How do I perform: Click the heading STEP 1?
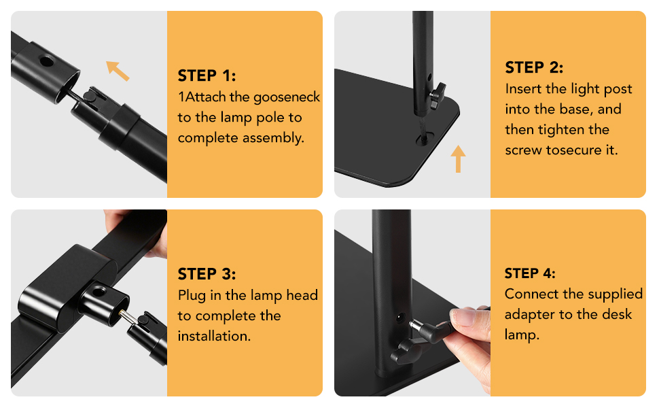click(x=207, y=75)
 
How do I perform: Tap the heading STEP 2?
click(x=534, y=67)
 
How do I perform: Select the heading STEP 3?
click(x=207, y=274)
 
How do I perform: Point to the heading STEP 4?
click(x=530, y=273)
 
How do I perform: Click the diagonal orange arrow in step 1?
click(x=118, y=71)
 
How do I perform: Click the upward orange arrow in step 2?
click(x=458, y=158)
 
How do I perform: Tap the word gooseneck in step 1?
click(x=287, y=98)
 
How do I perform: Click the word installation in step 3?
click(x=213, y=336)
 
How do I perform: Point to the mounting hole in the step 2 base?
click(x=425, y=139)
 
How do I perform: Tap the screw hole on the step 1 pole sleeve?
click(x=46, y=61)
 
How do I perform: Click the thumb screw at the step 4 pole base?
click(x=406, y=352)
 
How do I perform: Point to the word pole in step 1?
click(x=270, y=118)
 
